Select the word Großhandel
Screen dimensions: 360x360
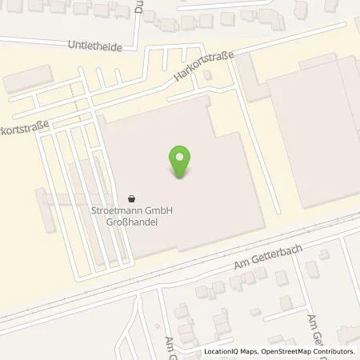coord(133,222)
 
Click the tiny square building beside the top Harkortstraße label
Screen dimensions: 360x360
coord(209,77)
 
